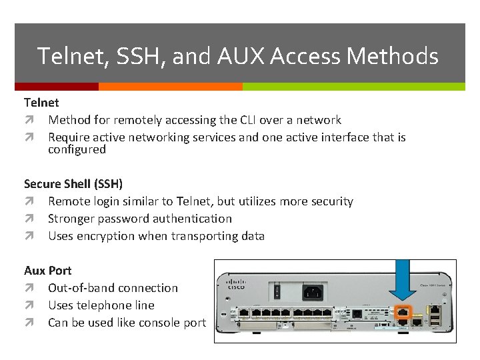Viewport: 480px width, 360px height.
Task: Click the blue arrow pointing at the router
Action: point(402,280)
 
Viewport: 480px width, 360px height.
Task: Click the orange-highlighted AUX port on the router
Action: point(402,311)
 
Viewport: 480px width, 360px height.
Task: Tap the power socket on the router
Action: point(313,291)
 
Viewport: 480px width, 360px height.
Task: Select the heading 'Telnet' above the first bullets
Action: point(41,103)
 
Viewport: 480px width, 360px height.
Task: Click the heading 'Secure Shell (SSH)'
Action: point(73,184)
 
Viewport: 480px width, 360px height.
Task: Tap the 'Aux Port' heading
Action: point(48,271)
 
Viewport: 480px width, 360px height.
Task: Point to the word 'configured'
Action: point(77,149)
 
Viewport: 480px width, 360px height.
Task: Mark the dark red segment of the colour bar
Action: point(57,87)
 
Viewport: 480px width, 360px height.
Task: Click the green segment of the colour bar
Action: point(353,87)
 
